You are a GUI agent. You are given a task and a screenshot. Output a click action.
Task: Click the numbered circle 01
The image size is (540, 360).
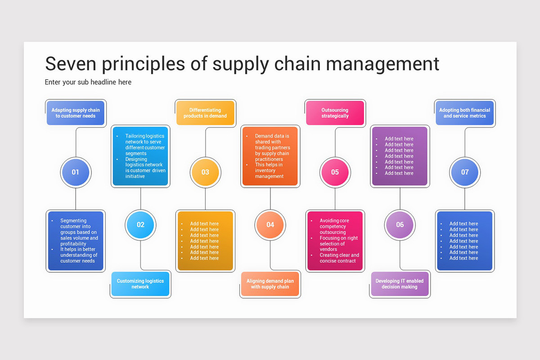76,172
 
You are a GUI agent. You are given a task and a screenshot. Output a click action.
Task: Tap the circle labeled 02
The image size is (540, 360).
140,225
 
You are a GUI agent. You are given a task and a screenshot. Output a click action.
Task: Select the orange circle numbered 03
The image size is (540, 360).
205,172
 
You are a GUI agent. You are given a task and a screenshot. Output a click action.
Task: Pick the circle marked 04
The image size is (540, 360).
270,225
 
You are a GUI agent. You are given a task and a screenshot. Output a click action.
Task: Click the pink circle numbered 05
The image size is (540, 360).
335,172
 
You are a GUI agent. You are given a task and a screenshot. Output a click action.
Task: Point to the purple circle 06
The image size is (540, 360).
400,225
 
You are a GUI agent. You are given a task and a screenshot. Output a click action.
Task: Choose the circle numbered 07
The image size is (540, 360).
465,172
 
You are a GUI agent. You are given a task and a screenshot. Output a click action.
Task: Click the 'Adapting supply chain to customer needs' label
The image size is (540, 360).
76,113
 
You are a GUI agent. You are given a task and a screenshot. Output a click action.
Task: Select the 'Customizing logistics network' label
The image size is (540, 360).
140,284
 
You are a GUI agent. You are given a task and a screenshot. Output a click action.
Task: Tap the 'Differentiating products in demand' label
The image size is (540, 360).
205,113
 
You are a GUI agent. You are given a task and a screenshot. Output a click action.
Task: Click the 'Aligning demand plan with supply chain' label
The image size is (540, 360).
270,284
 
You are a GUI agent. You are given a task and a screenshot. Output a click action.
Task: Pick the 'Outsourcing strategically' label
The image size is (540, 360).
335,113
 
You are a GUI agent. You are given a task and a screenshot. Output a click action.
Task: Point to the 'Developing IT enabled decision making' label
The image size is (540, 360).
400,284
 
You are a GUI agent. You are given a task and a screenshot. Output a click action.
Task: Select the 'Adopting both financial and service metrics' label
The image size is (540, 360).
465,113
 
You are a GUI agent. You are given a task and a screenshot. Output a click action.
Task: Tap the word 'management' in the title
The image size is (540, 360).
382,64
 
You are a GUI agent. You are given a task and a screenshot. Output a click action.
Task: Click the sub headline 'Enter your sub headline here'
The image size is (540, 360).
88,82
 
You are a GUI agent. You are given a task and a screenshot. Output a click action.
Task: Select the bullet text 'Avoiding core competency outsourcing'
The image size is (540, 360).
334,226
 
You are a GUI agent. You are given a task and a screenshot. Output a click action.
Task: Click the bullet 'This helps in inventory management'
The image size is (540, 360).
269,171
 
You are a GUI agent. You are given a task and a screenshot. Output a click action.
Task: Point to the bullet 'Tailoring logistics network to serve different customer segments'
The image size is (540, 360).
145,144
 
